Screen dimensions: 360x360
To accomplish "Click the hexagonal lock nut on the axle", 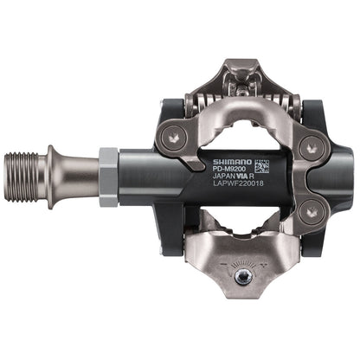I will [x=107, y=176].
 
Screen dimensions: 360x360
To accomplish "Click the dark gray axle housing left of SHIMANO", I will [x=151, y=177].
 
